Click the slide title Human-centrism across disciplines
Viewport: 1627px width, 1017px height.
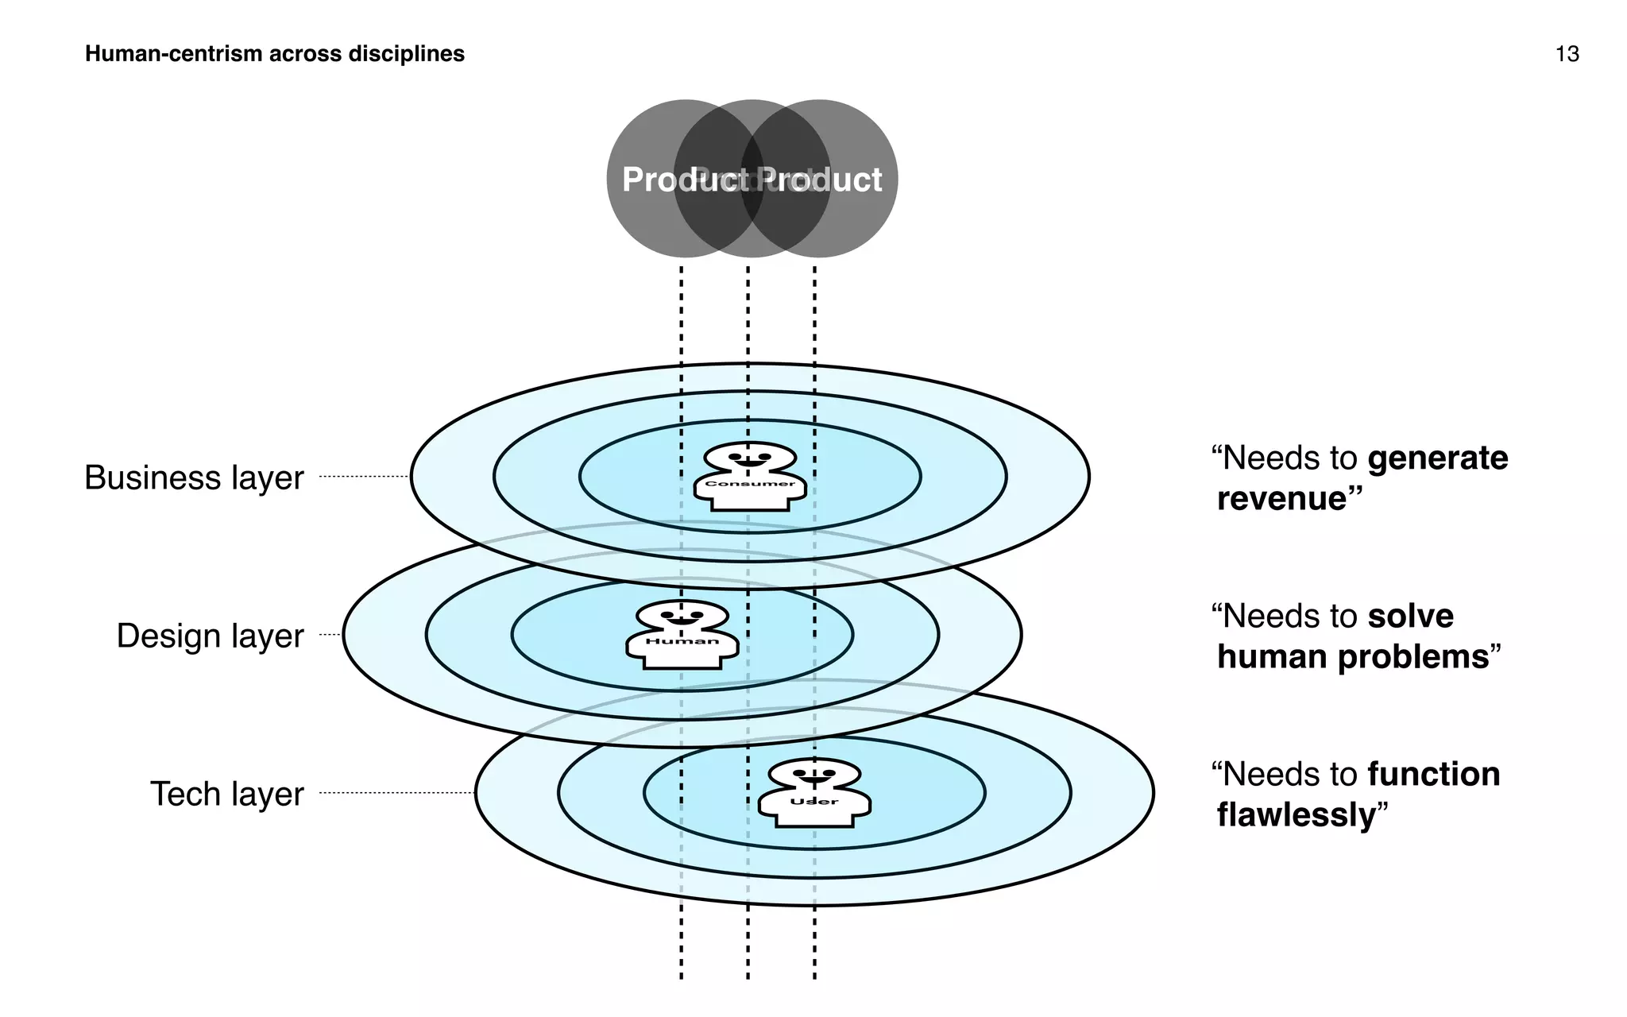274,54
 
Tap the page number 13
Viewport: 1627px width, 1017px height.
1567,54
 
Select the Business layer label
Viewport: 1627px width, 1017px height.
194,478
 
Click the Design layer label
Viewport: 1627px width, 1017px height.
210,636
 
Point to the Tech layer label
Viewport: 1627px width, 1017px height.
226,794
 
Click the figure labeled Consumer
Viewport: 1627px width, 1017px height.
750,477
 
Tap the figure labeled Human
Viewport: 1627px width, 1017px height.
682,635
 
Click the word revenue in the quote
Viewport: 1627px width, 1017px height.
1282,499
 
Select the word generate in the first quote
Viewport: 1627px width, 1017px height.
1437,458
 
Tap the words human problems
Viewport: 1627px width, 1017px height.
1352,657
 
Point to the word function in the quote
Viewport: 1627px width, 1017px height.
1433,775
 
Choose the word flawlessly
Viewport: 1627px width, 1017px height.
1296,815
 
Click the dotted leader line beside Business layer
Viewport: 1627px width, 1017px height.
364,477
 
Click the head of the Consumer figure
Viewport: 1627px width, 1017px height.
750,458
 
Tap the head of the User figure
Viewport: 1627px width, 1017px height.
814,774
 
